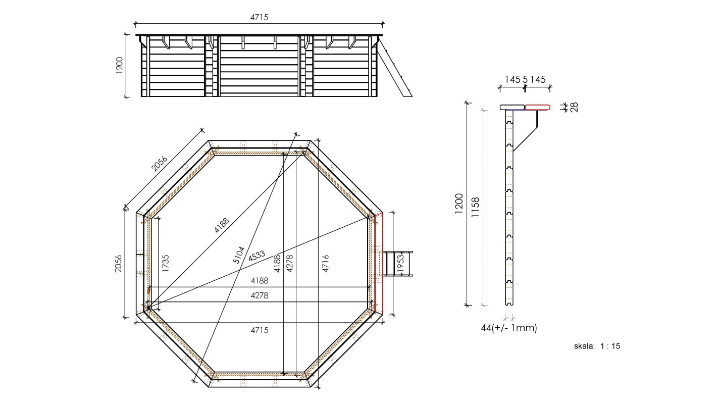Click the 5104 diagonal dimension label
coord(239,255)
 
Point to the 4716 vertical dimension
coord(326,264)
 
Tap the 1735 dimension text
coord(166,264)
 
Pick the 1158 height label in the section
coord(475,207)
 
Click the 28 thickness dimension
coord(574,107)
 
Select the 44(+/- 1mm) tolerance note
coord(509,328)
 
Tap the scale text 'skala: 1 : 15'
coord(597,346)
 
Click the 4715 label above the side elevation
coord(260,17)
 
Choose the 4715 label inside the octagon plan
coord(260,330)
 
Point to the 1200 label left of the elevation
coord(120,66)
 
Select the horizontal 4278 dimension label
coord(260,296)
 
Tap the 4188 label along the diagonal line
coord(221,225)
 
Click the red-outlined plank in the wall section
coord(537,107)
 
